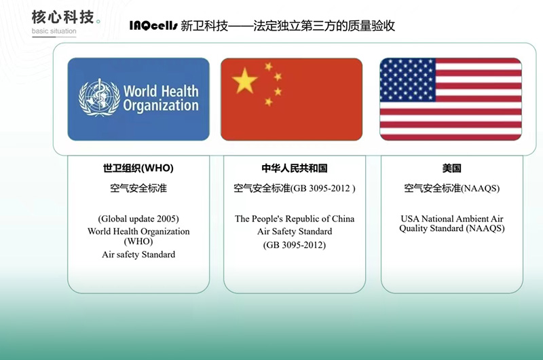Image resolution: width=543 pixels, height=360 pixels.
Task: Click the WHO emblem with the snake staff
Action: [99, 98]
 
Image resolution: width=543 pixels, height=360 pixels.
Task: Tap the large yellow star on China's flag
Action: [245, 81]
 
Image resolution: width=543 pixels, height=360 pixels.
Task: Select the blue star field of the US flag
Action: [408, 79]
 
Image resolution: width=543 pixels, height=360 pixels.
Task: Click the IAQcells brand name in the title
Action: [153, 25]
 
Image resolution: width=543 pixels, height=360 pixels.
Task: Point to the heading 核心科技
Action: [62, 17]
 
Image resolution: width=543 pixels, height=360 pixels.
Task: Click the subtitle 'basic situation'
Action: [54, 31]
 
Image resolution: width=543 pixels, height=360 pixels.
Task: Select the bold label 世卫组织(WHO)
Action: [138, 168]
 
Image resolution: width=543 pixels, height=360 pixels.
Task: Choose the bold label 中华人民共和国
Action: [295, 168]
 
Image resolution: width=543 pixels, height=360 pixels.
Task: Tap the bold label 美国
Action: [451, 168]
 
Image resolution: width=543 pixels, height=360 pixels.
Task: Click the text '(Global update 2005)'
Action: [138, 219]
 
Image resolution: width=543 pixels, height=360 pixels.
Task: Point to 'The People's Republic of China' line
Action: [295, 219]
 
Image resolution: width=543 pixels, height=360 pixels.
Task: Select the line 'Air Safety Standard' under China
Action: [295, 231]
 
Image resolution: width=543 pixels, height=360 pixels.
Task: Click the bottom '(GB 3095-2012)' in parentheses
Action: [295, 245]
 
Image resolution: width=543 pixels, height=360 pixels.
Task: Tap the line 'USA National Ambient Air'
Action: [452, 219]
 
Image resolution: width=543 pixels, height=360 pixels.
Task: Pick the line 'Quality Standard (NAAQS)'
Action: [452, 228]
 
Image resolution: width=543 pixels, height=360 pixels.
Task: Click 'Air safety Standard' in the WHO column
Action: [138, 254]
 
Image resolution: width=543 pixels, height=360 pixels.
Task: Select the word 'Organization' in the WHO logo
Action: [161, 106]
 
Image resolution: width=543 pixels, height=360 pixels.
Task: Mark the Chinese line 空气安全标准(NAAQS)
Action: [452, 188]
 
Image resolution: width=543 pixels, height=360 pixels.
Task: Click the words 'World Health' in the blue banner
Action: [161, 91]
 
